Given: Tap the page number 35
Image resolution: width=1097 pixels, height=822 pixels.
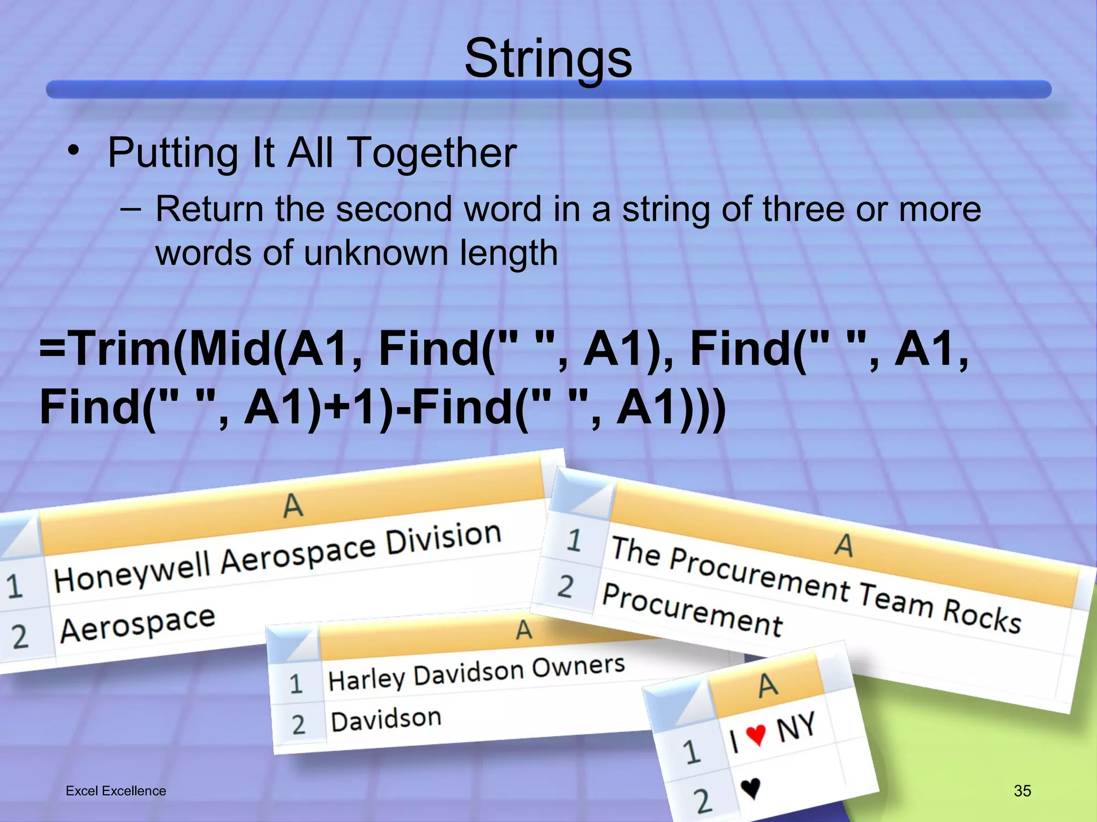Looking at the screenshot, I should tap(1022, 790).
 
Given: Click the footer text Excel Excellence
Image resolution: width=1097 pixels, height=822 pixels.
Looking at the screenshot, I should tap(116, 791).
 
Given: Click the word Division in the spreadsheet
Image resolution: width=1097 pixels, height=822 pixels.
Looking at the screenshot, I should tap(443, 538).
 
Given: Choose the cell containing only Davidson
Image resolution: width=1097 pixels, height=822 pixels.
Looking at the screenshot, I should tap(386, 720).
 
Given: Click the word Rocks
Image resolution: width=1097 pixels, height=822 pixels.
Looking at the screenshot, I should tap(981, 616).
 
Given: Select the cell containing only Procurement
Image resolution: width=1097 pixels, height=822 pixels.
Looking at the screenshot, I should tap(692, 611).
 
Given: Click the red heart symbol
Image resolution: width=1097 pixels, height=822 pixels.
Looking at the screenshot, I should tap(756, 734).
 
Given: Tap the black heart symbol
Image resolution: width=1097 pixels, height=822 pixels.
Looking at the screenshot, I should tap(750, 787).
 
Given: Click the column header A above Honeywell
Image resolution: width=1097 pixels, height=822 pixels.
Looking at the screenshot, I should tap(292, 505).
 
